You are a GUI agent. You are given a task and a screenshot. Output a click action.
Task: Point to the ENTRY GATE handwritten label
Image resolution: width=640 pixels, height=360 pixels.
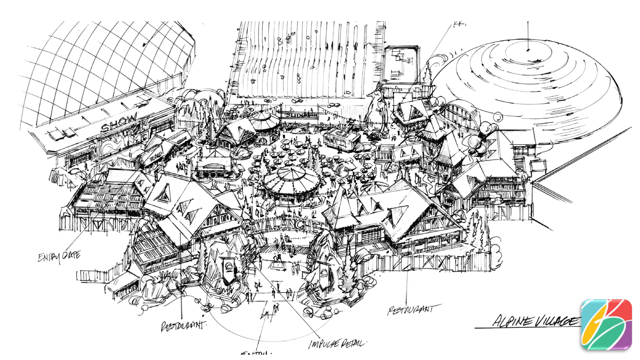coord(59,256)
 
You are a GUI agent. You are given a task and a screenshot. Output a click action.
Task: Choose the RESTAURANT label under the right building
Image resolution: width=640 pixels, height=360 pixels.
coord(410,310)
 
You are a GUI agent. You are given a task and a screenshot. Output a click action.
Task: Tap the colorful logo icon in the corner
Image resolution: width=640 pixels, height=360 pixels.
coord(606,324)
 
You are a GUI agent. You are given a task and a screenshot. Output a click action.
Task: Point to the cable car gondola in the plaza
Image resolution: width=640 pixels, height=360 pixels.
coord(341,138)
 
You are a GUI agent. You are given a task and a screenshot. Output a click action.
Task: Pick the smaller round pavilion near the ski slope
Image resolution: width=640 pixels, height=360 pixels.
coord(264,122)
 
